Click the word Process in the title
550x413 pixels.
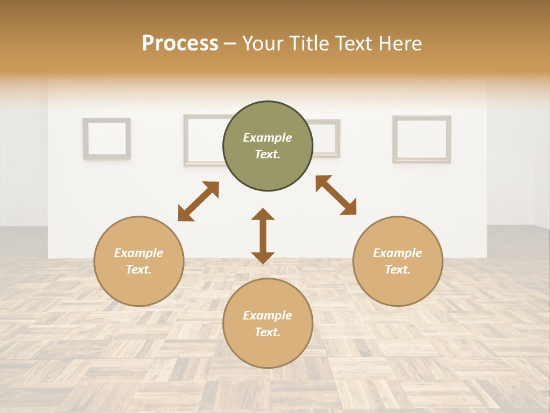pos(180,44)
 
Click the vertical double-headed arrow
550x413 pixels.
pos(263,236)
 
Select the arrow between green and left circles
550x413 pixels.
pos(198,201)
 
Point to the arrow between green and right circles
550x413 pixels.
pos(336,195)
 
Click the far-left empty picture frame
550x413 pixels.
pos(107,138)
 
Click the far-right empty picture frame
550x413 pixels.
pos(421,139)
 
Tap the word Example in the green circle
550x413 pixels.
pos(268,138)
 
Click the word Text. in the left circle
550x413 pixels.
pos(139,270)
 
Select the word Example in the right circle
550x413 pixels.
pos(398,253)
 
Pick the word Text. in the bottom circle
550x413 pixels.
pos(268,332)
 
